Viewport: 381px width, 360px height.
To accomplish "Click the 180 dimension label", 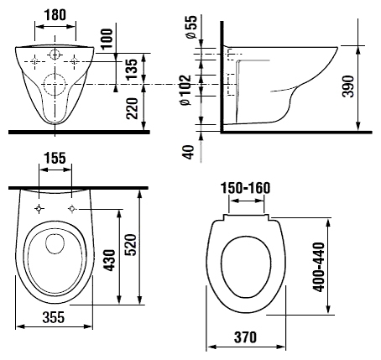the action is pos(55,15).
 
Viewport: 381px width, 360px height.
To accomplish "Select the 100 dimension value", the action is pos(107,39).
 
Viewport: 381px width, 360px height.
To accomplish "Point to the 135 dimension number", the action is pos(132,69).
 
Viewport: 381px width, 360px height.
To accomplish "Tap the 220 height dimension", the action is pos(132,108).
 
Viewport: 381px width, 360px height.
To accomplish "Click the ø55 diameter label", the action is pos(191,27).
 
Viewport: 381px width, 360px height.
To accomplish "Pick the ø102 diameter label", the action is pos(185,90).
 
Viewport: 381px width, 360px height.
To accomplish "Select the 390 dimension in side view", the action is pos(348,86).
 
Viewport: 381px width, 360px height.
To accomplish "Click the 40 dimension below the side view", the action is pos(189,152).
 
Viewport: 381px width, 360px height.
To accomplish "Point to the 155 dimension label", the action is pos(55,158).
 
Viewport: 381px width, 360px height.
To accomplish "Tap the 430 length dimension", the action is pos(109,260).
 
